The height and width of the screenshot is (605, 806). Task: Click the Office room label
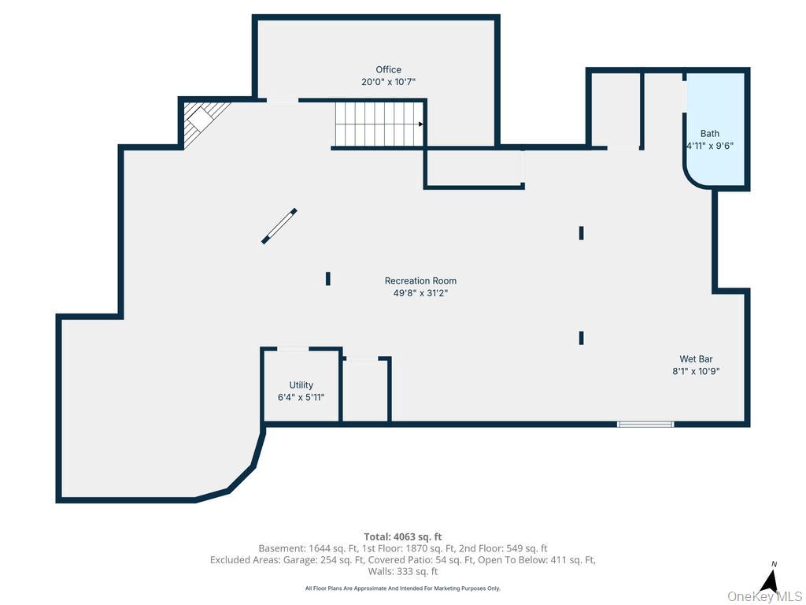tap(388, 69)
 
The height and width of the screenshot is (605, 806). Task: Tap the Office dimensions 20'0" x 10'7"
tap(388, 82)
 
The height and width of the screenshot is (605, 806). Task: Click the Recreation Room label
tap(420, 281)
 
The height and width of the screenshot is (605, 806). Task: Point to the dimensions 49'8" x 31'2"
tap(420, 293)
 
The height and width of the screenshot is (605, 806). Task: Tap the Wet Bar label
tap(696, 359)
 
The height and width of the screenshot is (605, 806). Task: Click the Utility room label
tap(301, 384)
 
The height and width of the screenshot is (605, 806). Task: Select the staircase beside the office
tap(379, 124)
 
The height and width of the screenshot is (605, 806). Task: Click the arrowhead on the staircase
tap(421, 124)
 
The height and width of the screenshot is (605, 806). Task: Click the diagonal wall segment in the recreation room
tap(279, 226)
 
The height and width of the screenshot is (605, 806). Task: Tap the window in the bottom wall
tap(645, 425)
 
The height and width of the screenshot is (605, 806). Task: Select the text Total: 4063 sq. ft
tap(403, 537)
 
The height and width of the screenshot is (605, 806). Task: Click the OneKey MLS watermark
tap(764, 597)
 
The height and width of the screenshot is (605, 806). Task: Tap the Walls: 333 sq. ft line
tap(403, 572)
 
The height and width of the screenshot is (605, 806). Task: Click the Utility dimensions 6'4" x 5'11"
tap(301, 397)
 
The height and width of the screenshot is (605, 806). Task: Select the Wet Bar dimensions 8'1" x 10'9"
tap(696, 372)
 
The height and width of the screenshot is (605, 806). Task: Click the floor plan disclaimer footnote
tap(403, 588)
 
